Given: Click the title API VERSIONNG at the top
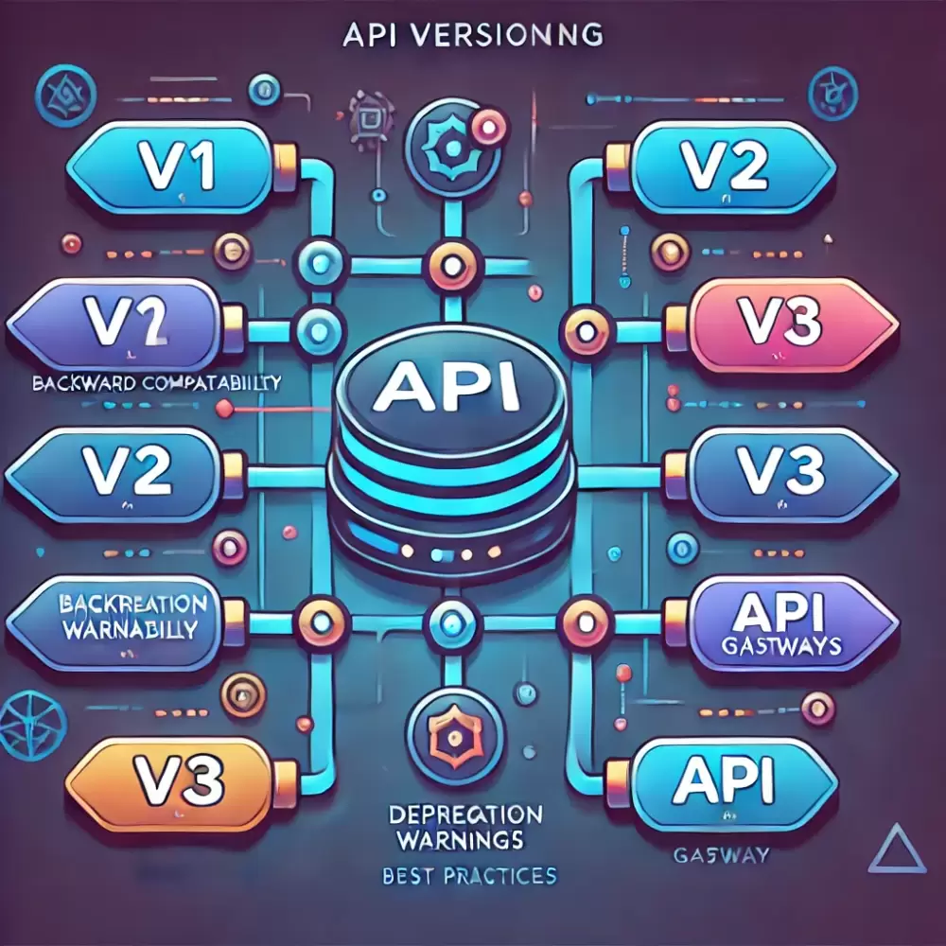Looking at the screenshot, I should [472, 34].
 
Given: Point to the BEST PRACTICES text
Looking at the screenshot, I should [470, 875].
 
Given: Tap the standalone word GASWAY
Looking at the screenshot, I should [721, 856].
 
